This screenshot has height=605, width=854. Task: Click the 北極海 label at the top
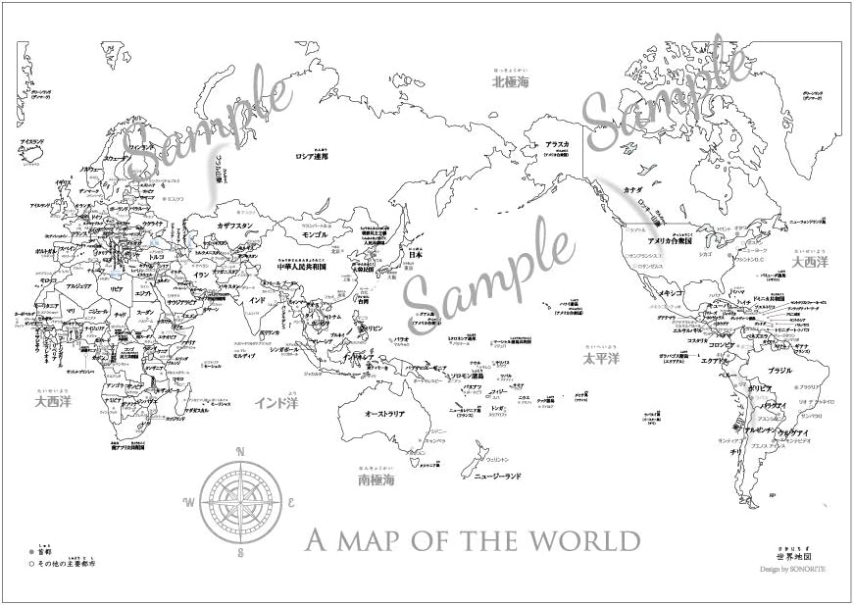click(510, 82)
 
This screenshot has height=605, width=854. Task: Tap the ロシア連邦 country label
click(313, 155)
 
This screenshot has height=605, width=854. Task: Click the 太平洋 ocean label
click(601, 359)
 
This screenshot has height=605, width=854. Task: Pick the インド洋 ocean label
click(276, 402)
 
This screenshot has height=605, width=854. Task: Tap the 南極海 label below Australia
click(377, 481)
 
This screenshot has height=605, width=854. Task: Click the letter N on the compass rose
click(240, 452)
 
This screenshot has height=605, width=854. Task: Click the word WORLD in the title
click(591, 540)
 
